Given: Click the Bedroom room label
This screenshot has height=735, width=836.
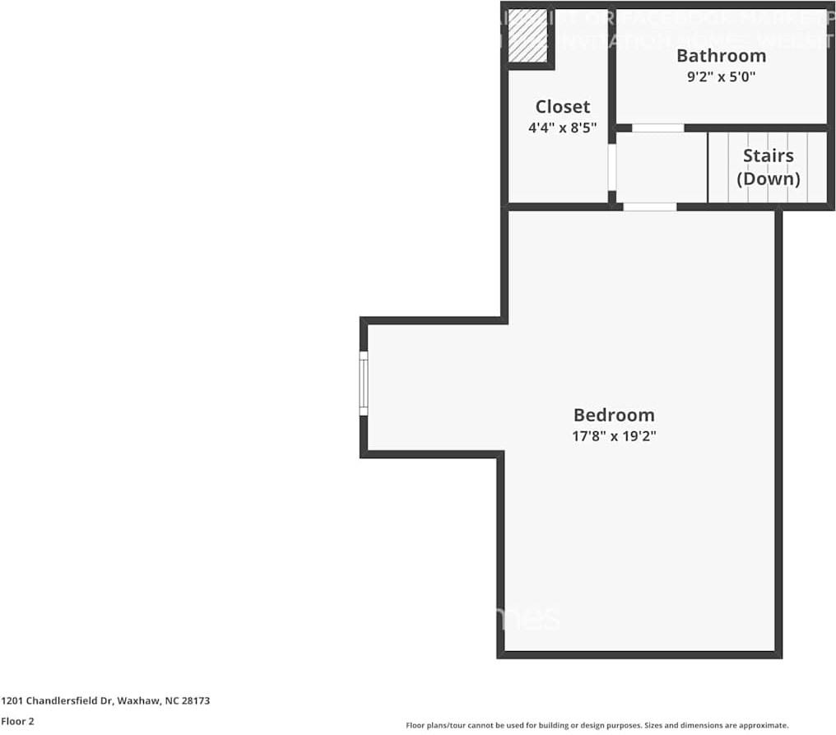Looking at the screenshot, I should click(614, 416).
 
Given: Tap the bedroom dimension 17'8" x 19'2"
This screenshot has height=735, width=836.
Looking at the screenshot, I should click(614, 436).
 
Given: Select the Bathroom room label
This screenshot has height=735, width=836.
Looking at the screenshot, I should click(721, 56).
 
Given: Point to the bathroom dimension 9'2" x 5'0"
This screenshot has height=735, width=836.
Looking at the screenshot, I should click(721, 77).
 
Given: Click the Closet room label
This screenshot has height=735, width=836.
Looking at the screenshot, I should click(562, 107).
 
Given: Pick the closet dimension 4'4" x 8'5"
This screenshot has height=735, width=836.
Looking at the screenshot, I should click(562, 128).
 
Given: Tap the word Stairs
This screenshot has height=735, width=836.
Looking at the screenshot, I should click(768, 156).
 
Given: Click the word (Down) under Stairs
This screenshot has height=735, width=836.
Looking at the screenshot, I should click(768, 179).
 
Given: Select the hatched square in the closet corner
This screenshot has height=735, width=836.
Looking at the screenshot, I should click(527, 37).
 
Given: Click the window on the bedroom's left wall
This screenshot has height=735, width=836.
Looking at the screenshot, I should click(364, 384).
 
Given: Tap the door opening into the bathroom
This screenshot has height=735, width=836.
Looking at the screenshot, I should click(657, 128).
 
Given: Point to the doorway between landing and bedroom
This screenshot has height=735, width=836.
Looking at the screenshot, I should click(649, 207).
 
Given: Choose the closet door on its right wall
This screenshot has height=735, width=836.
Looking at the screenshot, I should click(611, 167).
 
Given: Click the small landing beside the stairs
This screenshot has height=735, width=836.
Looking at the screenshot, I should click(661, 167).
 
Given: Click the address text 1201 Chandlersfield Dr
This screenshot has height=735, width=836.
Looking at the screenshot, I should click(57, 701).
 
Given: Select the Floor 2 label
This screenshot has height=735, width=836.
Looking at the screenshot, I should click(17, 721).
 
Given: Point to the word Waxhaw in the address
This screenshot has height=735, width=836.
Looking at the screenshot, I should click(134, 701).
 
